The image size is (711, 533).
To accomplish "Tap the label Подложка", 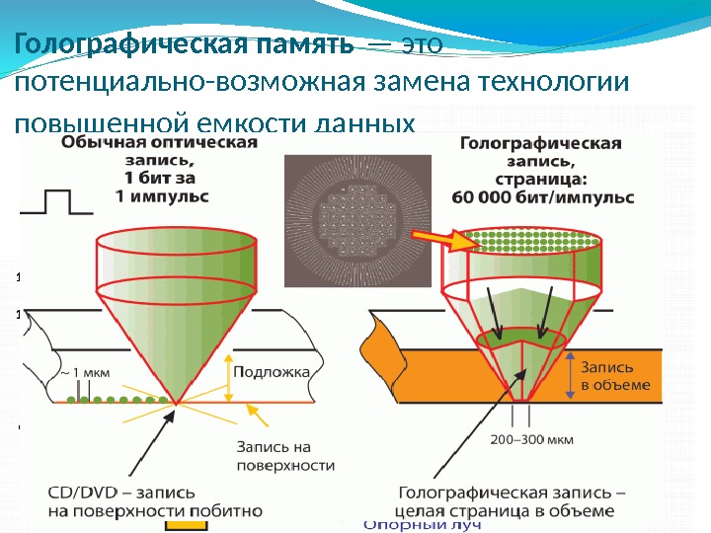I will click(x=274, y=372).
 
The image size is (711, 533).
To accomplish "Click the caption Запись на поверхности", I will click(x=274, y=455).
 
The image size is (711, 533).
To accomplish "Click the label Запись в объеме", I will click(x=610, y=374).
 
